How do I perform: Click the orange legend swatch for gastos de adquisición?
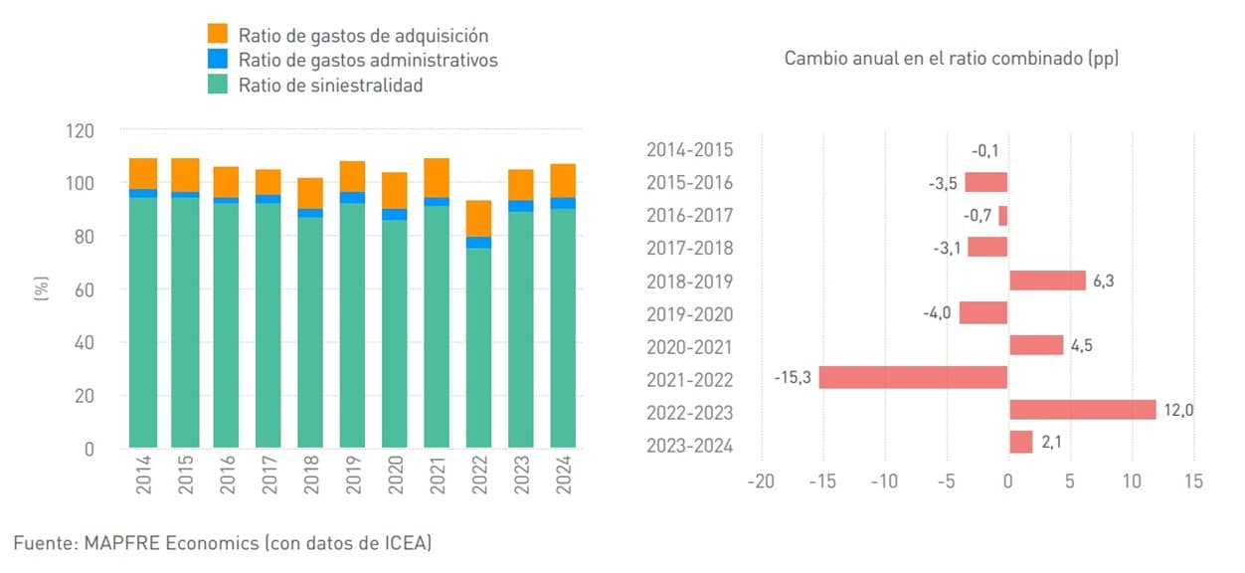click(218, 35)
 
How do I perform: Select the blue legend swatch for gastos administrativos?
click(218, 60)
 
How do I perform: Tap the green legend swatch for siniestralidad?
click(218, 85)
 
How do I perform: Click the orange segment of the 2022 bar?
click(479, 219)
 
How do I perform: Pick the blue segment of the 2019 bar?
click(353, 197)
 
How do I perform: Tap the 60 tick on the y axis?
click(86, 289)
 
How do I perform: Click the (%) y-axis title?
click(41, 289)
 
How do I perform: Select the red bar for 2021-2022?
click(913, 379)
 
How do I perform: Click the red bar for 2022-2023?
click(1082, 410)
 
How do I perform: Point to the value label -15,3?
click(793, 379)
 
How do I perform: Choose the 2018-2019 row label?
click(689, 282)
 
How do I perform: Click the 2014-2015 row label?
click(689, 150)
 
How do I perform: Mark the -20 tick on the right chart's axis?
click(761, 481)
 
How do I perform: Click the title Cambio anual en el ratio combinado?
click(952, 58)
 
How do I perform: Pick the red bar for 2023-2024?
click(1020, 443)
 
